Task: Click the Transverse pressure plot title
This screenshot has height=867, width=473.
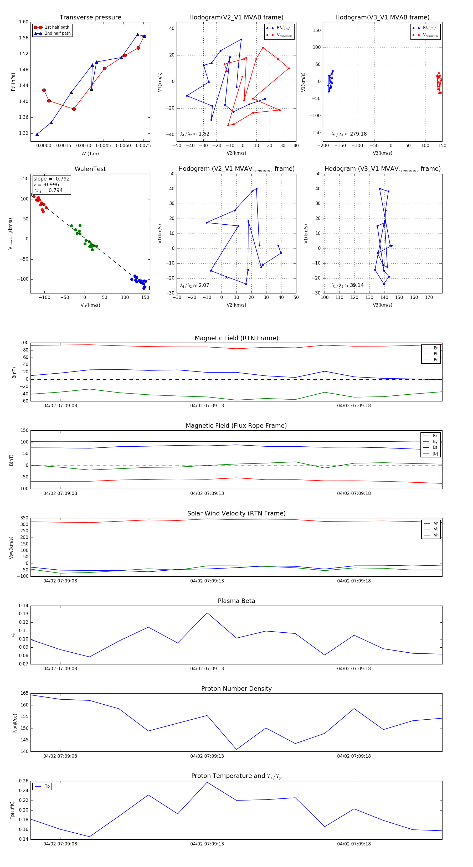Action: (x=90, y=18)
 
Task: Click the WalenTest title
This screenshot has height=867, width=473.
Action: (x=90, y=169)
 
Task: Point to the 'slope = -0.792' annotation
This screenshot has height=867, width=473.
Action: (x=52, y=179)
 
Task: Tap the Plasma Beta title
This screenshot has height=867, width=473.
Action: (x=236, y=601)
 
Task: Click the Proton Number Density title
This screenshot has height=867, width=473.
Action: (x=236, y=689)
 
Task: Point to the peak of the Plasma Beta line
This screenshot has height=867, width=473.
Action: (x=207, y=613)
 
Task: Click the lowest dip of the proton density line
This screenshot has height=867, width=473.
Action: (x=236, y=750)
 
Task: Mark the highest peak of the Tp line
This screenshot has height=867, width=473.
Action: (x=207, y=782)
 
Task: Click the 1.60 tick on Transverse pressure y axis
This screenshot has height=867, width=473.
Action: (x=24, y=22)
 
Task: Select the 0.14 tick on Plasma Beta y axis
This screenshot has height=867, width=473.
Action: (x=24, y=606)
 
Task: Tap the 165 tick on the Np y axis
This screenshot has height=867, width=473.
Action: (x=25, y=693)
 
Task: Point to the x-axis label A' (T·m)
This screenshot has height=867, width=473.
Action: (x=90, y=153)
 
